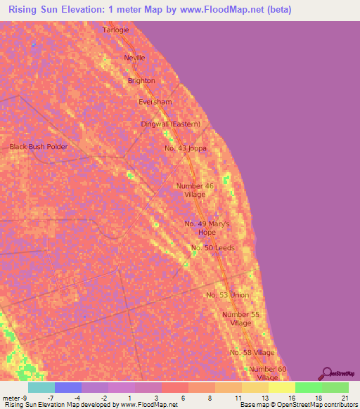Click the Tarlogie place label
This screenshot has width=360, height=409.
[x=117, y=30]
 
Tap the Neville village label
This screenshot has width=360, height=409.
[x=134, y=58]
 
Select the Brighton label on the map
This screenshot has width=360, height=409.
[x=141, y=81]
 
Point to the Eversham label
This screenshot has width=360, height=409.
[x=155, y=102]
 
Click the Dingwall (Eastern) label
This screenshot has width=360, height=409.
[x=170, y=124]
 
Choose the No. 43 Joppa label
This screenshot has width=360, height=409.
[x=185, y=148]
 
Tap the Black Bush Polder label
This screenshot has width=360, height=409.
[x=39, y=147]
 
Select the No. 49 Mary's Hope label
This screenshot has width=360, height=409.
[x=207, y=228]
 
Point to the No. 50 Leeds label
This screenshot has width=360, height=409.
[x=213, y=248]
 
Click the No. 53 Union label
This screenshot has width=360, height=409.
[x=228, y=295]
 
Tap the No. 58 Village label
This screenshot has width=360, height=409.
[x=252, y=352]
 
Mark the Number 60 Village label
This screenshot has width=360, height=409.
[x=268, y=373]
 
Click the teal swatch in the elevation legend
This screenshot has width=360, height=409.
[x=41, y=387]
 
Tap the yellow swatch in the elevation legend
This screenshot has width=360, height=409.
[x=281, y=387]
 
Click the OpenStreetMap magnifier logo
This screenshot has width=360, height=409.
[x=327, y=373]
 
